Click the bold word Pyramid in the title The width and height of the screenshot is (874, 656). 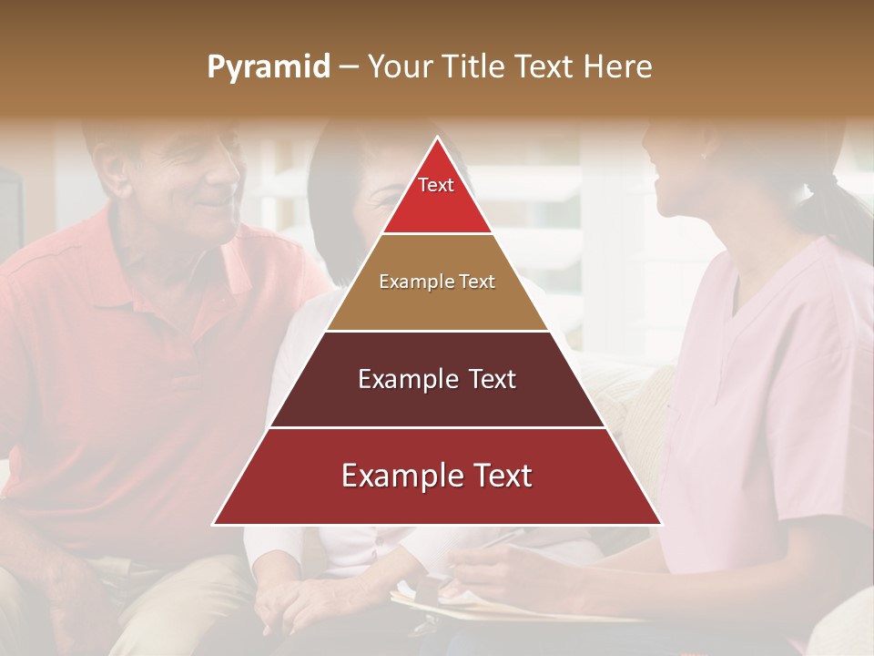coord(268,67)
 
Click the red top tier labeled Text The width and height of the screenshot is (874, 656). coord(437,196)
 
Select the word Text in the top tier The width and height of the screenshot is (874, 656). coord(436,185)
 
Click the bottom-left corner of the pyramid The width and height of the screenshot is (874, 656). coord(214,524)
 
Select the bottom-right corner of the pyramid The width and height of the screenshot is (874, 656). coord(661,524)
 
